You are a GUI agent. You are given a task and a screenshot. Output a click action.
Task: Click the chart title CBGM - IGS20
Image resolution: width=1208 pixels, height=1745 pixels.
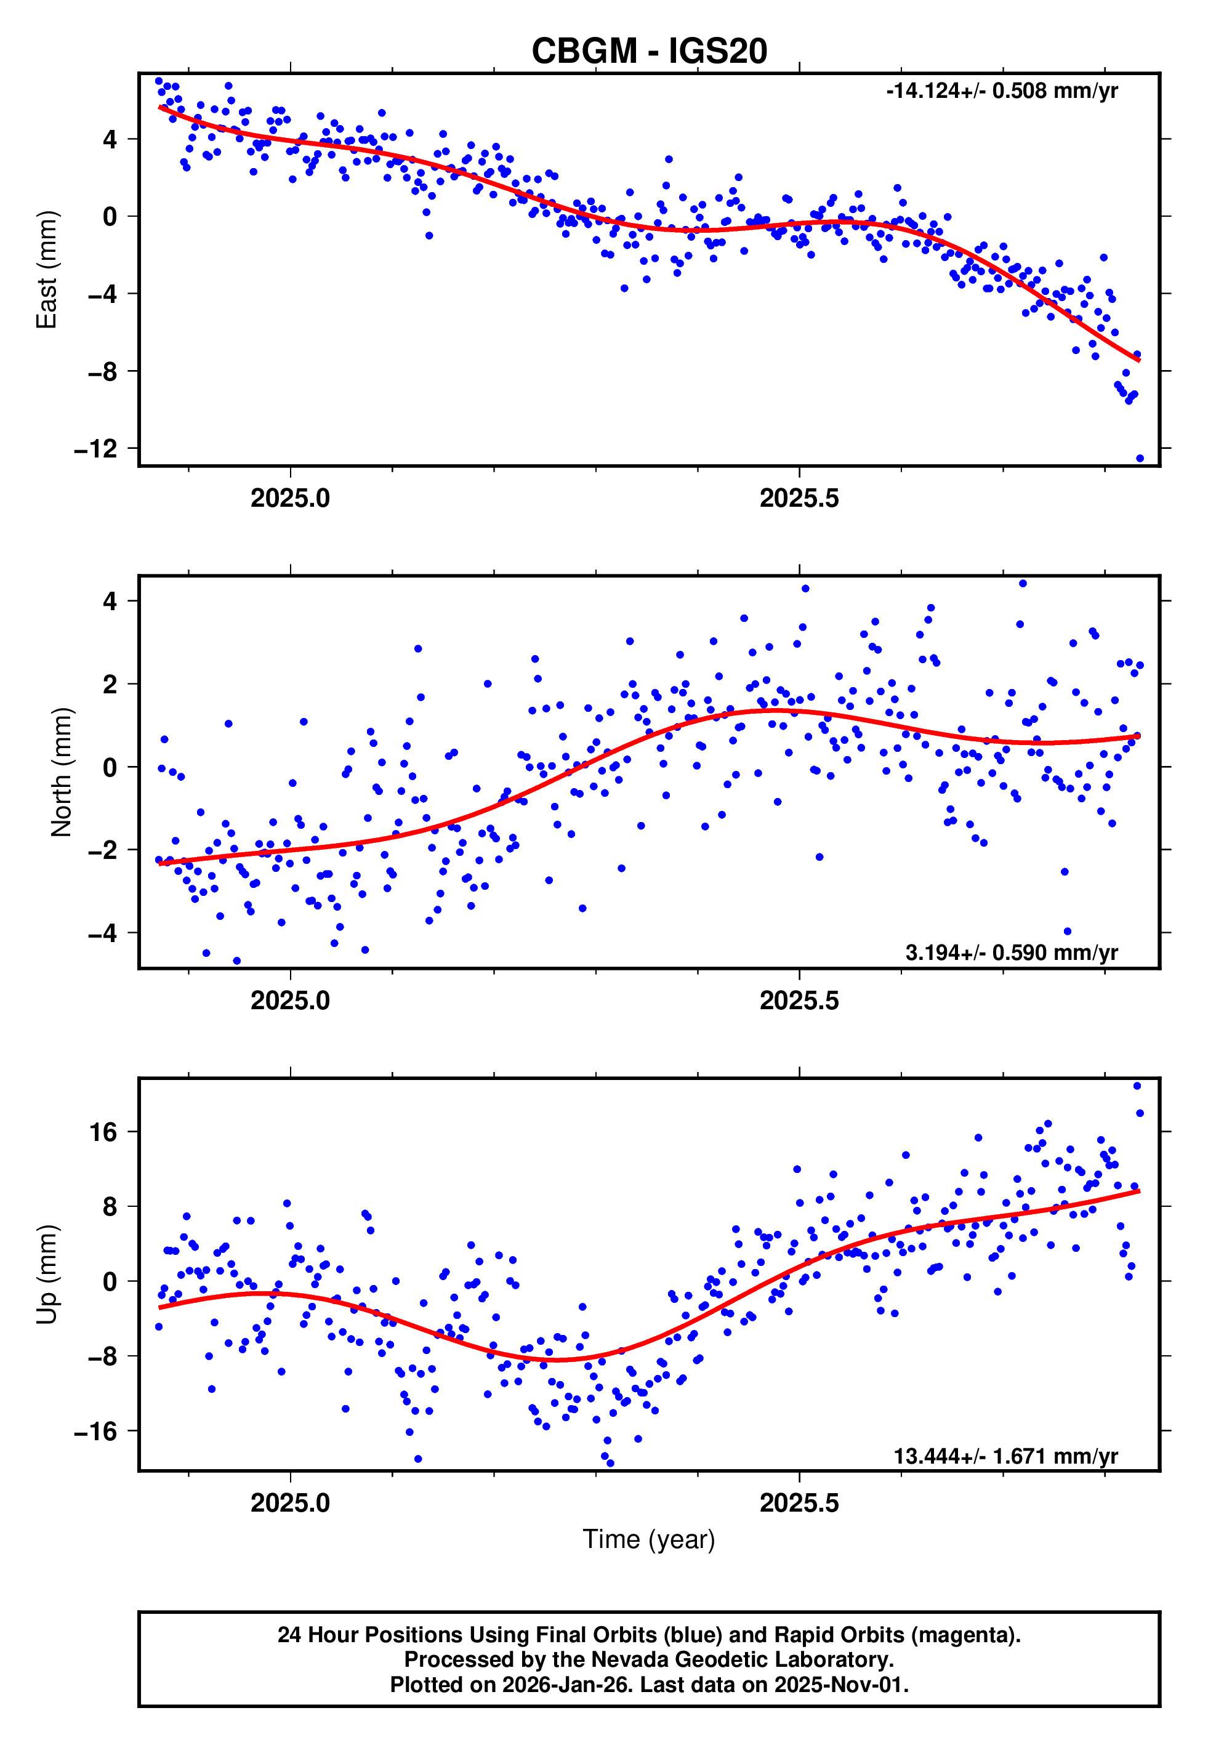(649, 52)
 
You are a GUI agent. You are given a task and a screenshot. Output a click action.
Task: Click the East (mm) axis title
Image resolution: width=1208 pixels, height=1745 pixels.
(47, 270)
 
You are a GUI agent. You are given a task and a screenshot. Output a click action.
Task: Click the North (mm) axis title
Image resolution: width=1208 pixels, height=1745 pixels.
(60, 772)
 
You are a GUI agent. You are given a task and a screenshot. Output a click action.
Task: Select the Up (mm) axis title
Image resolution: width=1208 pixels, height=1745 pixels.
(47, 1275)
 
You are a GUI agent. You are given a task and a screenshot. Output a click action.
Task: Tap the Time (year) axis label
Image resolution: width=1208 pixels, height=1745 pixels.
(649, 1539)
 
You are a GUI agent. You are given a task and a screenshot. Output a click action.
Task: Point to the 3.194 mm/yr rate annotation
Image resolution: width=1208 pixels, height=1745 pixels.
(1010, 953)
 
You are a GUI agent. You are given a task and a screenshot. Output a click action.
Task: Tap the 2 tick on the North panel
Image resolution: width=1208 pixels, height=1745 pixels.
(110, 684)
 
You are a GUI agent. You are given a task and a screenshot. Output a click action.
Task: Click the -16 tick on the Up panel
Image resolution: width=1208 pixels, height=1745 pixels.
(95, 1431)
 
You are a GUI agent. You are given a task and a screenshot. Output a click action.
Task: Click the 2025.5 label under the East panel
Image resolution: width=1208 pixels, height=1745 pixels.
(799, 499)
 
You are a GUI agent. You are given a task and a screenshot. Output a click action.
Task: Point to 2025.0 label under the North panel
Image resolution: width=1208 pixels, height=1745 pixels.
(290, 1001)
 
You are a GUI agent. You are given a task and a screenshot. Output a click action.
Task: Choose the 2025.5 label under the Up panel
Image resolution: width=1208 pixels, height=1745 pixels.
(799, 1503)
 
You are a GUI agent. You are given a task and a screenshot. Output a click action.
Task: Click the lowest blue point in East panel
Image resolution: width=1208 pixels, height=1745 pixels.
(1139, 459)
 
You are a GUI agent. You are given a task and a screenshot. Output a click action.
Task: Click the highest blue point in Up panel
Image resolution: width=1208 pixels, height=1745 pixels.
(1136, 1086)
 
